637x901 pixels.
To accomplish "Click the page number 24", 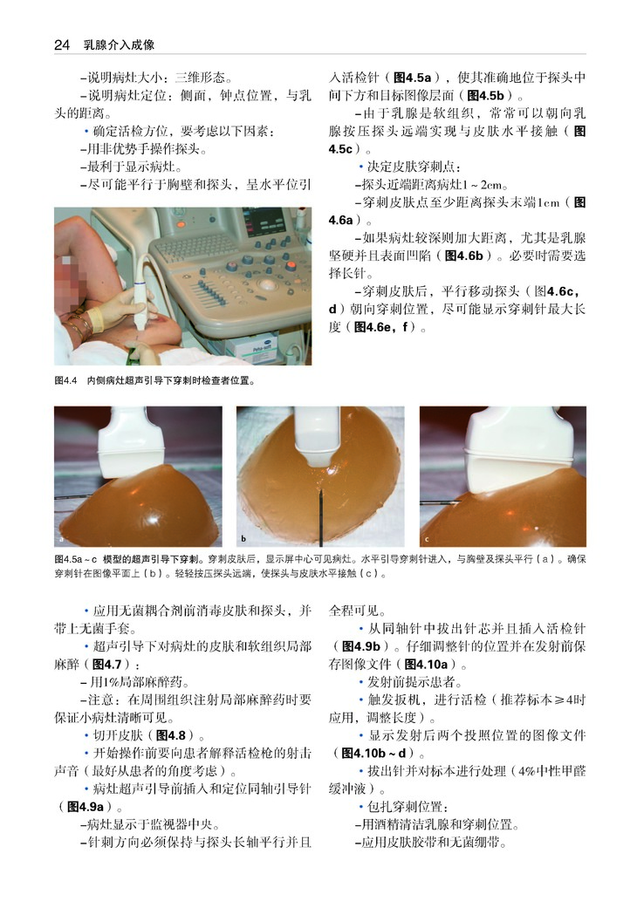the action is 62,44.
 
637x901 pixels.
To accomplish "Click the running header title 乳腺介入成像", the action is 119,44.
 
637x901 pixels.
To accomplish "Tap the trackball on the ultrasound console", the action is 266,285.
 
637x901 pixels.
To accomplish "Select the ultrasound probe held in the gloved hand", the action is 141,293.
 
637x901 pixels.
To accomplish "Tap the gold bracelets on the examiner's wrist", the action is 79,325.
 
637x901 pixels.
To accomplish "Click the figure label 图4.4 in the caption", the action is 65,380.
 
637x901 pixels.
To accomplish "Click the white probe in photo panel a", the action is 130,441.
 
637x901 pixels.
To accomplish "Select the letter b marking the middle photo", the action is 243,539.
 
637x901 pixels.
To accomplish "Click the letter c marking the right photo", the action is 427,539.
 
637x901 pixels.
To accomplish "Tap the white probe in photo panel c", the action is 518,449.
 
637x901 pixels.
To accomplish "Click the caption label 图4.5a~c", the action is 76,559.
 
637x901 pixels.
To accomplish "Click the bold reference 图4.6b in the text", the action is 464,256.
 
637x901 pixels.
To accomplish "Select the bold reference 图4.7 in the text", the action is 107,665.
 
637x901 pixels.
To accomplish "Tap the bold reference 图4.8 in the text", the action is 171,735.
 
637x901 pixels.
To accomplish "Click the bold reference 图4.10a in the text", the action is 426,665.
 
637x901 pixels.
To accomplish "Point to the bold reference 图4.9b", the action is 361,646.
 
